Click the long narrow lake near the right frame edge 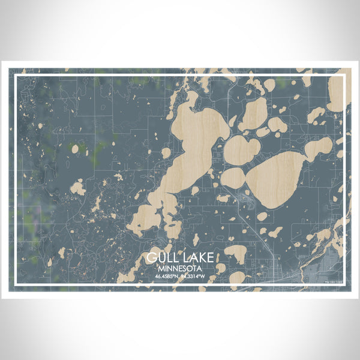tap(317, 147)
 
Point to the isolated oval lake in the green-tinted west tap(75, 148)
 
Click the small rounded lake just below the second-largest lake tap(262, 216)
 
